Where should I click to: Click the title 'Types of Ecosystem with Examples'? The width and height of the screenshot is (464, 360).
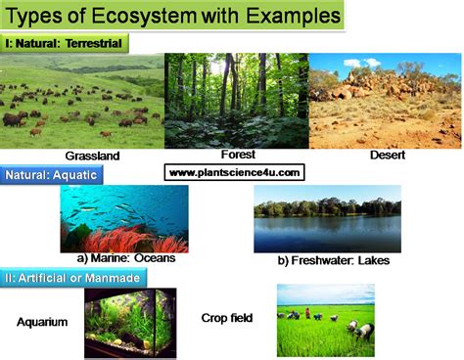click(176, 17)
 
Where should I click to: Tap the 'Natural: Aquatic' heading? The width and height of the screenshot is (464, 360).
click(52, 175)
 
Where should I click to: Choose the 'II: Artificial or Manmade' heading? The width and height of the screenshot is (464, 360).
click(74, 278)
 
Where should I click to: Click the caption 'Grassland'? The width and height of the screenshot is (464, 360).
click(92, 157)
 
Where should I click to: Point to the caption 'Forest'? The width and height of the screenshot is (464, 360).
click(238, 154)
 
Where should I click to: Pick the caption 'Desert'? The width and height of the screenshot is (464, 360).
click(389, 155)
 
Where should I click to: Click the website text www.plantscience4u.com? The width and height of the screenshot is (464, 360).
click(235, 173)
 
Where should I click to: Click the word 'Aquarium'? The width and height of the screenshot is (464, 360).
click(43, 320)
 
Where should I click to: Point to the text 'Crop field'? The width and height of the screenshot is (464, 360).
click(227, 317)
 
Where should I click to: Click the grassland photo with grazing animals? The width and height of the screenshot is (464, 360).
click(82, 103)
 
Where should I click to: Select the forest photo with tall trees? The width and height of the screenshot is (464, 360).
click(237, 100)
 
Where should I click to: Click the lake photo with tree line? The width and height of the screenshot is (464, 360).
click(327, 219)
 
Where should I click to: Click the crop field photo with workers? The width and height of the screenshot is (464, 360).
click(325, 320)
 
